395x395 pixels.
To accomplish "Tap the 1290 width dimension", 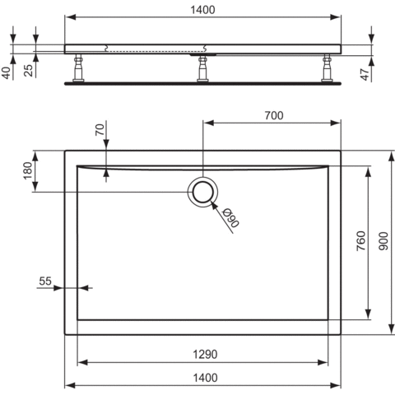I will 205,355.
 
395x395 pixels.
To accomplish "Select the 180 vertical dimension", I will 27,171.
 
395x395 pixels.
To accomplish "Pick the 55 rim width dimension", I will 45,281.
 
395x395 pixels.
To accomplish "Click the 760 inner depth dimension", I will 360,242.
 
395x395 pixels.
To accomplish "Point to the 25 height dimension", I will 29,70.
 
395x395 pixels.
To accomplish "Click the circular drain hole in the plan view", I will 203,192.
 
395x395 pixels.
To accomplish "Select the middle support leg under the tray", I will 202,69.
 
